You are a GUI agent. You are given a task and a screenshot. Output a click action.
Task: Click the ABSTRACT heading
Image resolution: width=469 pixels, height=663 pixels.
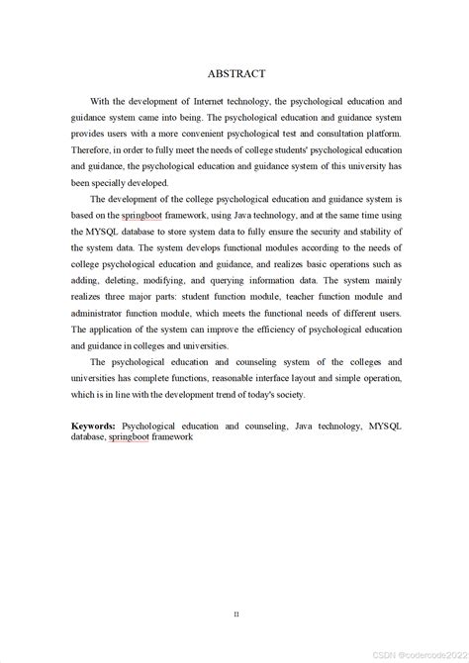pos(236,74)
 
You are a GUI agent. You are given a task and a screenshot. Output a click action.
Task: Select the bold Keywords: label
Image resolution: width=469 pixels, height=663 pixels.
pos(94,425)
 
